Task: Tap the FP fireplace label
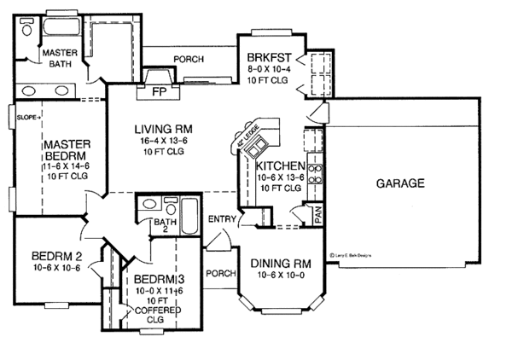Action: (158, 90)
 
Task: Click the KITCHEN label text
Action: (281, 165)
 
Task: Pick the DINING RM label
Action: (277, 263)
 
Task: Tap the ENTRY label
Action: (221, 219)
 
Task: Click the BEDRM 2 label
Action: (55, 256)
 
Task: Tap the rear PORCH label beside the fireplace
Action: (189, 60)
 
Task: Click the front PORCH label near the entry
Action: (220, 274)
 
